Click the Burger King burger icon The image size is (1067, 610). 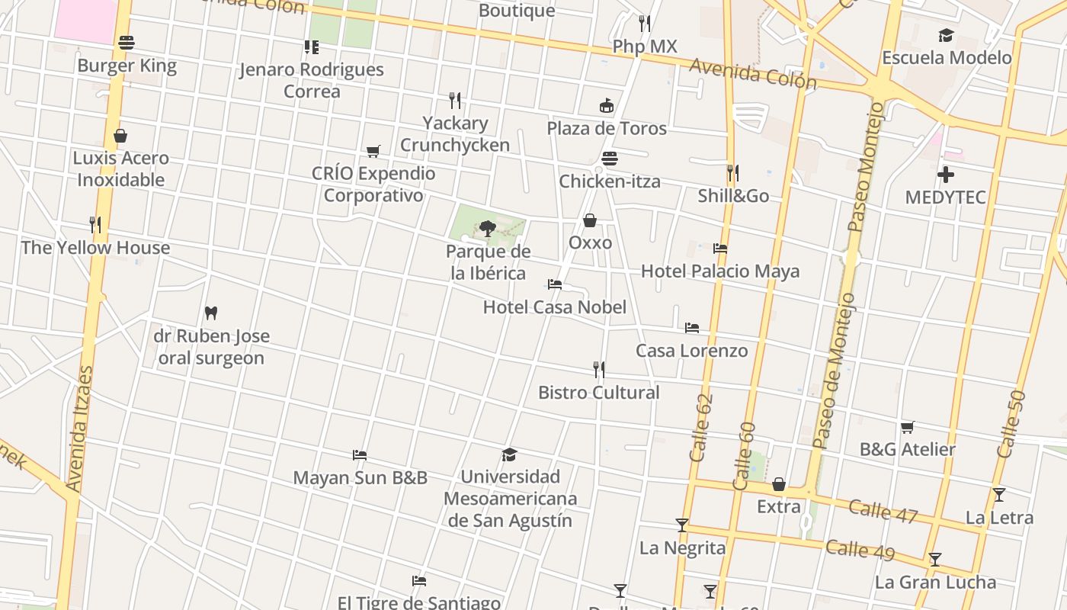pyautogui.click(x=127, y=43)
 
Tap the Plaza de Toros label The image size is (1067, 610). pyautogui.click(x=607, y=128)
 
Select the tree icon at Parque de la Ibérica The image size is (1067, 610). pyautogui.click(x=487, y=228)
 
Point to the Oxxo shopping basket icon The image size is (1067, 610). pyautogui.click(x=590, y=221)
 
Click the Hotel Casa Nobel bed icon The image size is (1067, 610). pyautogui.click(x=555, y=284)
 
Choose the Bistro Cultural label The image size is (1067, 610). pyautogui.click(x=599, y=393)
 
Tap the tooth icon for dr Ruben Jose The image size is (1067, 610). pyautogui.click(x=211, y=313)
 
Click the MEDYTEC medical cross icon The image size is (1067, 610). pyautogui.click(x=946, y=175)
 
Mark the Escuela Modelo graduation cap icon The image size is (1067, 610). pyautogui.click(x=946, y=35)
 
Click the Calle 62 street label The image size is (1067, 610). pyautogui.click(x=701, y=428)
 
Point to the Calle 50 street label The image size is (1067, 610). pyautogui.click(x=1011, y=425)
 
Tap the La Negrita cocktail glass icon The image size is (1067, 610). pyautogui.click(x=682, y=525)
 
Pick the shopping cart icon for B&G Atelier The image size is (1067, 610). pyautogui.click(x=907, y=427)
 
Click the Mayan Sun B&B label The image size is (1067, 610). pyautogui.click(x=360, y=478)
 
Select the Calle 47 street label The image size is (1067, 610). pyautogui.click(x=883, y=511)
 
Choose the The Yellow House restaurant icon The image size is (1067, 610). pyautogui.click(x=95, y=225)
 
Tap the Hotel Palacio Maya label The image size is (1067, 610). pyautogui.click(x=720, y=271)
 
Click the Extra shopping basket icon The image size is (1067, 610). pyautogui.click(x=779, y=485)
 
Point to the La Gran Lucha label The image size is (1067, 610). pyautogui.click(x=935, y=583)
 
